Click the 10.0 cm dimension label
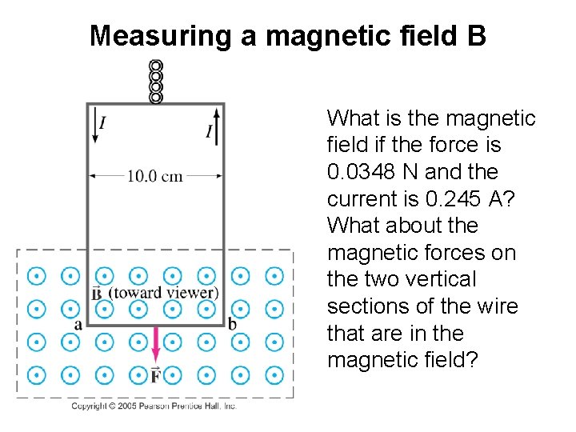pyautogui.click(x=155, y=176)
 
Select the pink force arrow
pyautogui.click(x=155, y=343)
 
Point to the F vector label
pyautogui.click(x=155, y=374)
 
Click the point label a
pyautogui.click(x=78, y=324)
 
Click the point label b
pyautogui.click(x=232, y=324)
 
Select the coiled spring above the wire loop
pyautogui.click(x=156, y=82)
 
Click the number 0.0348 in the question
pyautogui.click(x=360, y=172)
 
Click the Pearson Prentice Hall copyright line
pyautogui.click(x=154, y=406)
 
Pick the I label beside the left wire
pyautogui.click(x=103, y=122)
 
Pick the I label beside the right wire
pyautogui.click(x=209, y=130)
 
